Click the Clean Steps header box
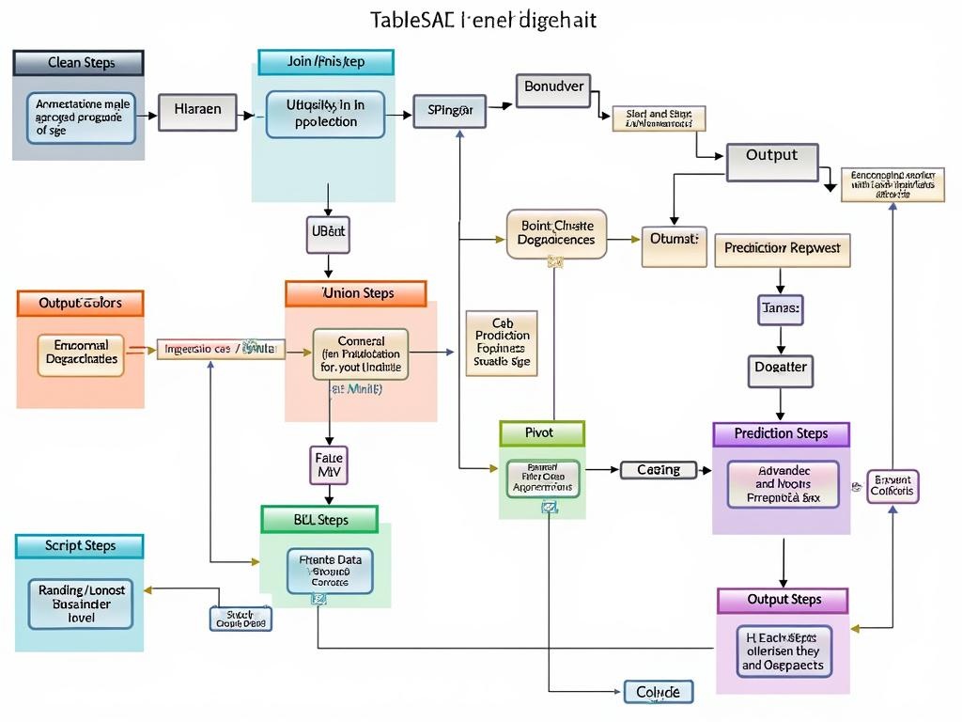coord(79,63)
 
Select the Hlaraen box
coord(197,110)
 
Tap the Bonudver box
coord(553,87)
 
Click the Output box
coord(771,157)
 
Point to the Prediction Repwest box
coord(783,250)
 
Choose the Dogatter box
coord(781,368)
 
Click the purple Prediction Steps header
coord(781,434)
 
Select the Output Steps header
coord(783,600)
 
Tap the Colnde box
coord(659,693)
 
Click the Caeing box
coord(659,470)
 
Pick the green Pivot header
coord(541,433)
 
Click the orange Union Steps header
coord(356,293)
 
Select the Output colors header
coord(80,304)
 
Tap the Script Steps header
coord(80,546)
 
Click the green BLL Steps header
coord(319,520)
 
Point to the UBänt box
coord(328,230)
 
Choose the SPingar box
coord(450,110)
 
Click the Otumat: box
coord(674,240)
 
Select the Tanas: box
coord(781,308)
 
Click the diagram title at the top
coord(483,20)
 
